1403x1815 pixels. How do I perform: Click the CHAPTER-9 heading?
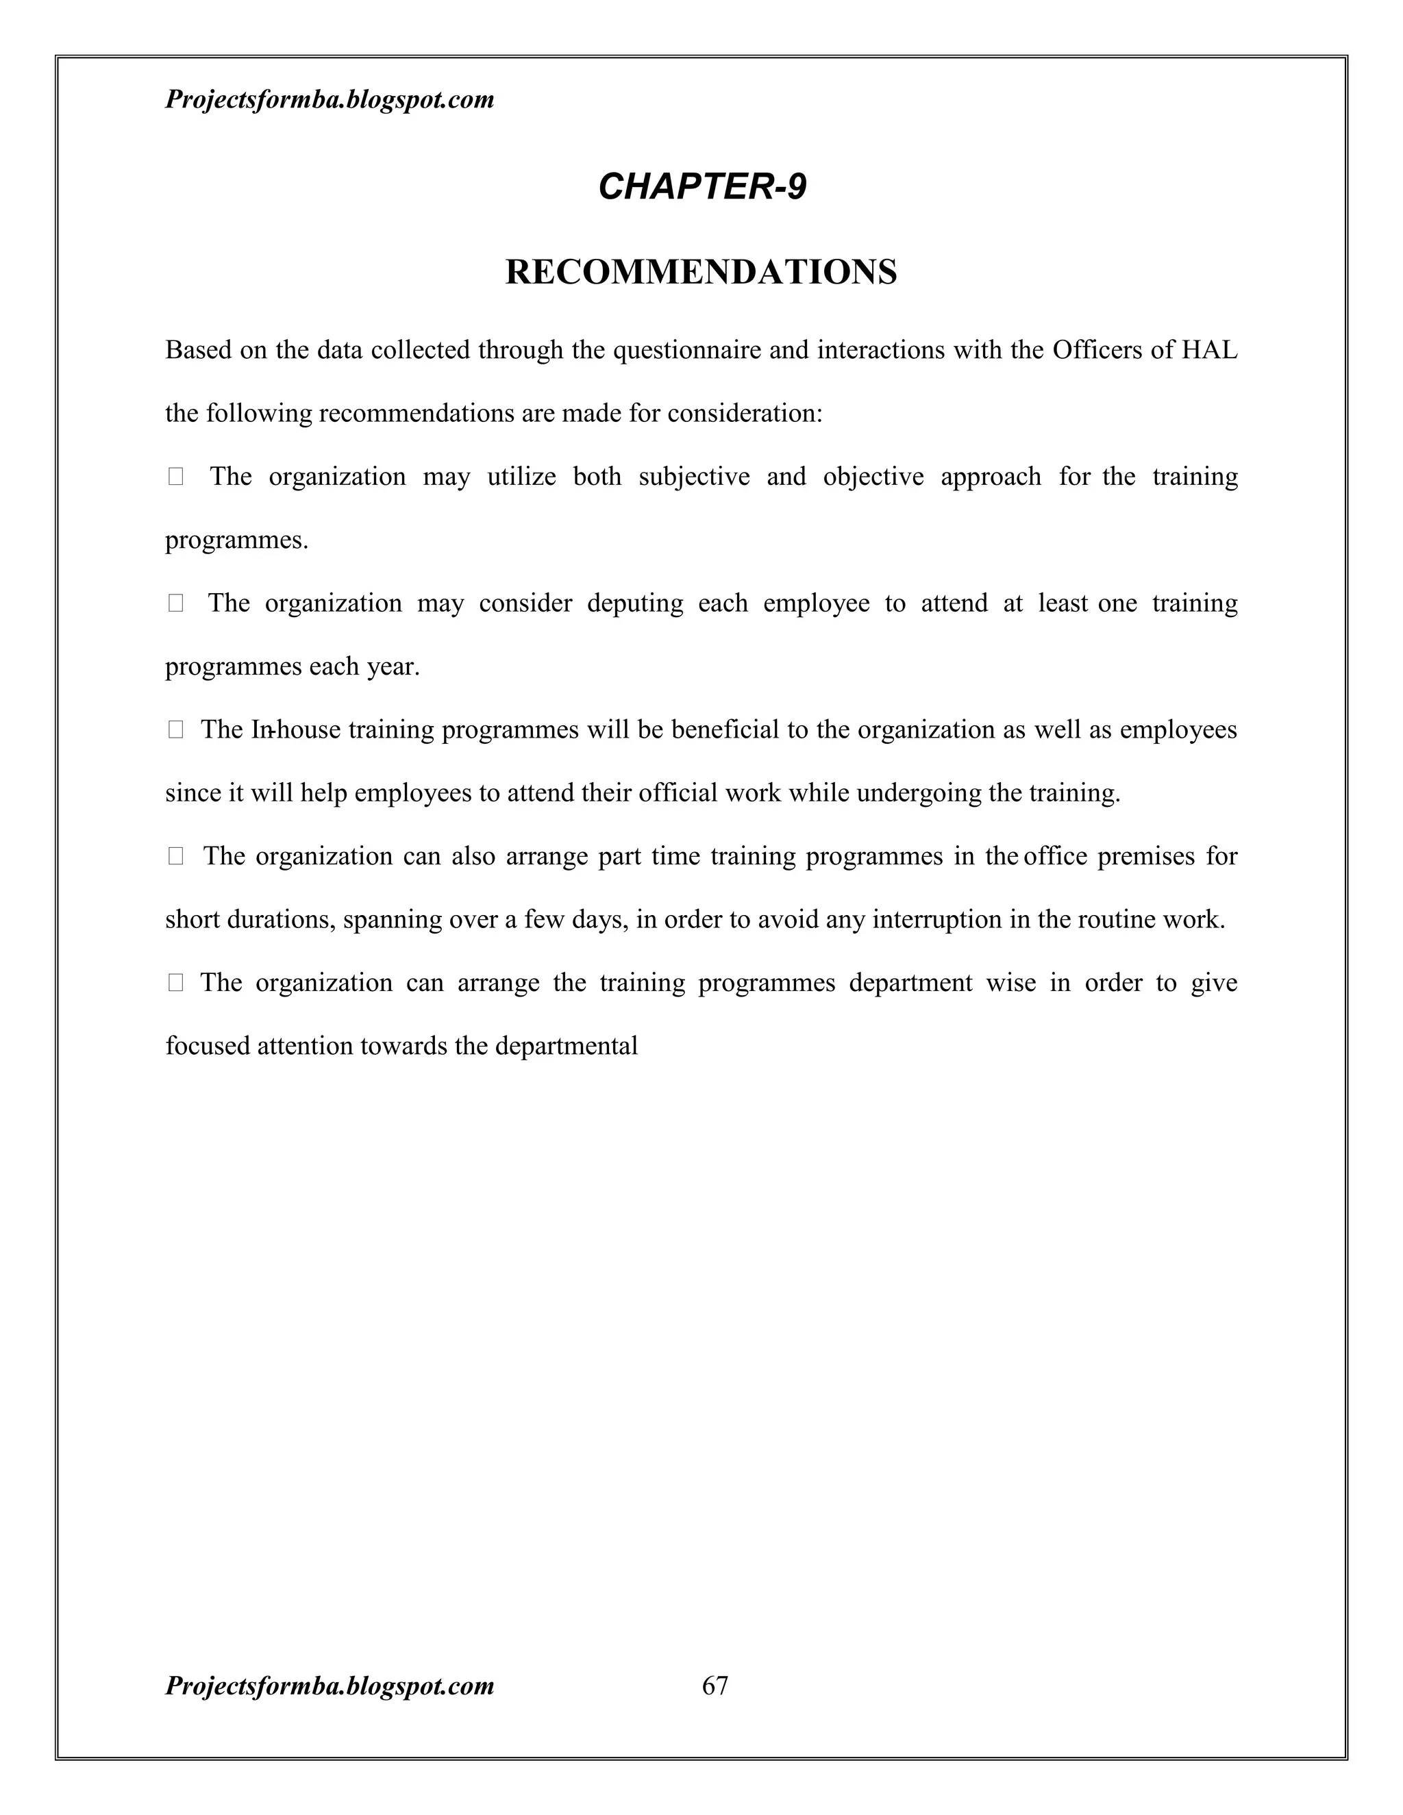(701, 186)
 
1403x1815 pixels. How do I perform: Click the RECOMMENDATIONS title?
(701, 273)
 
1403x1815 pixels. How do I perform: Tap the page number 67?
(715, 1686)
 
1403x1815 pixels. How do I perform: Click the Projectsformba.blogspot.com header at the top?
(330, 100)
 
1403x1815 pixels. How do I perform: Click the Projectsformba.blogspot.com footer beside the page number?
(330, 1686)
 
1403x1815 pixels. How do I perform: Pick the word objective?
(873, 477)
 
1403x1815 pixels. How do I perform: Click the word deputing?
(635, 603)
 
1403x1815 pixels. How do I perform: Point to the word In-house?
(295, 729)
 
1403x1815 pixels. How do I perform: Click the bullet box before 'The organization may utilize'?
(175, 477)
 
